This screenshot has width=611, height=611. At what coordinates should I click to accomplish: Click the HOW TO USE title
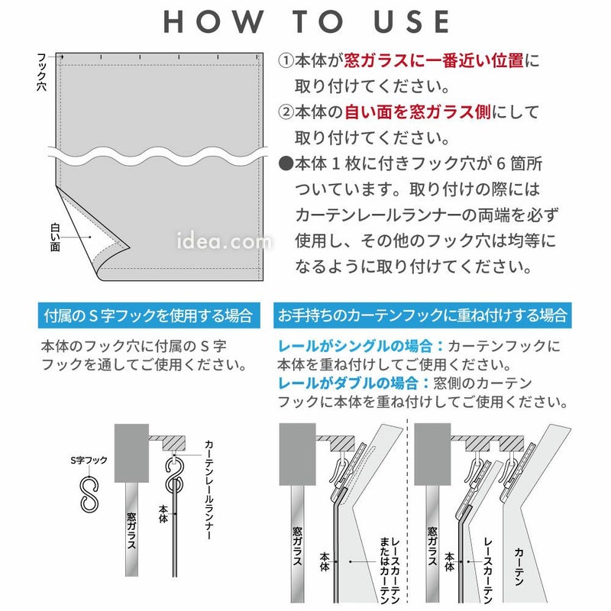(306, 22)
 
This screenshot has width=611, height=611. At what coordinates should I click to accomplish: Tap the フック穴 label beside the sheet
(41, 72)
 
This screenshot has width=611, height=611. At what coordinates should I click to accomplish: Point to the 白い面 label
(55, 237)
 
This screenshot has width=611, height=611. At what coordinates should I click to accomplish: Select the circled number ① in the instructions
(286, 61)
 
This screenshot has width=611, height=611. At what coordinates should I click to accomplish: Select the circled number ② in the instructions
(286, 112)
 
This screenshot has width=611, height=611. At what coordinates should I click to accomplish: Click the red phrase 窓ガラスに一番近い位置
(433, 61)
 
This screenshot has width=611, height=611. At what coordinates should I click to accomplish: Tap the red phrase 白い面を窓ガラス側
(417, 112)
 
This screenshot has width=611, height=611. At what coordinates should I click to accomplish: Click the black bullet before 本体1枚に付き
(286, 163)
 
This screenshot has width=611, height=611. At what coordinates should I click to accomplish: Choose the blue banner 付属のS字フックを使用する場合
(149, 315)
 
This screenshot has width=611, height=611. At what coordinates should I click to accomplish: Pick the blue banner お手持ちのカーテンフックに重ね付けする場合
(422, 315)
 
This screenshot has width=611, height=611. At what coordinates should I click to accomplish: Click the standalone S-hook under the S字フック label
(89, 494)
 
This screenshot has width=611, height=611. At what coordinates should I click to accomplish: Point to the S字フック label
(89, 461)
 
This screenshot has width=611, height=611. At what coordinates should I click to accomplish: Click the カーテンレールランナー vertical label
(209, 490)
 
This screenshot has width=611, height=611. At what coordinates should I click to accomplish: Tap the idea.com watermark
(224, 241)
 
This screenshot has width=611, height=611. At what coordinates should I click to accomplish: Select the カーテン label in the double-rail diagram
(519, 567)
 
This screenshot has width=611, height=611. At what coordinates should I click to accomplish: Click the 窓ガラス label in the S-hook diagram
(131, 530)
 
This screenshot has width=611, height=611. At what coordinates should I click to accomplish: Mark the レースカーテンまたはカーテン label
(390, 571)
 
